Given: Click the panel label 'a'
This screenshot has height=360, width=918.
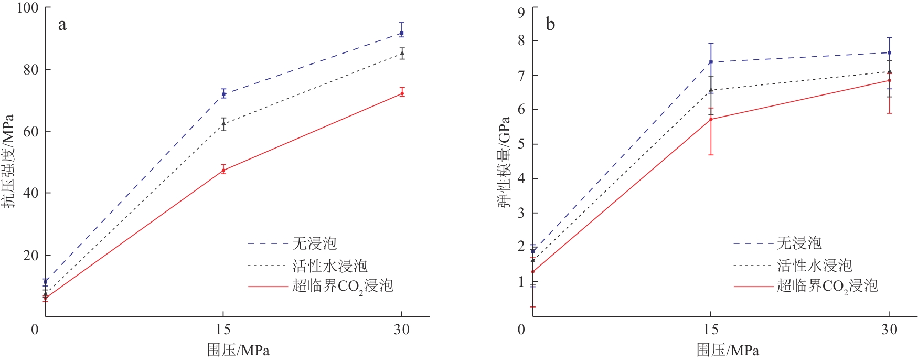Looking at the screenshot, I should pyautogui.click(x=62, y=25).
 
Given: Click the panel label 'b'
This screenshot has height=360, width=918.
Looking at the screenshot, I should pyautogui.click(x=550, y=24).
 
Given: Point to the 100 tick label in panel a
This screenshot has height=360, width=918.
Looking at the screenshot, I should pyautogui.click(x=27, y=8).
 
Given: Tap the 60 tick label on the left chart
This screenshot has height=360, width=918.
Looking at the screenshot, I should pyautogui.click(x=30, y=131).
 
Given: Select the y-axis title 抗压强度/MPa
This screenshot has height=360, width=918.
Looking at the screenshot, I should pyautogui.click(x=7, y=161).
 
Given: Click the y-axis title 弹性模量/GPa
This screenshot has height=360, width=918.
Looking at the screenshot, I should pyautogui.click(x=504, y=162).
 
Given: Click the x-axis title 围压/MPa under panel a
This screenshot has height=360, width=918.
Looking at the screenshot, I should pyautogui.click(x=238, y=350).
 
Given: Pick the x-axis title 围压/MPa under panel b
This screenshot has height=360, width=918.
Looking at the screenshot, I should pyautogui.click(x=728, y=350).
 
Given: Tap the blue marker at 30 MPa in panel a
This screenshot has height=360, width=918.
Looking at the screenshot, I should pyautogui.click(x=402, y=33).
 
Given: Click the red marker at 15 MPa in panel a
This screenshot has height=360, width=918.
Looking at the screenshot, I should pyautogui.click(x=223, y=170).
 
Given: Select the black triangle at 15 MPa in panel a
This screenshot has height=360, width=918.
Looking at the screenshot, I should pyautogui.click(x=223, y=124).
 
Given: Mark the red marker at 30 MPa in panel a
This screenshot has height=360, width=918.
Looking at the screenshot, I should pyautogui.click(x=402, y=93).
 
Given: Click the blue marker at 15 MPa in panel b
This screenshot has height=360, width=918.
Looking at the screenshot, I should pyautogui.click(x=711, y=62).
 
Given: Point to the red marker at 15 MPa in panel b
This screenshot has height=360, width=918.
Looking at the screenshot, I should pyautogui.click(x=711, y=119).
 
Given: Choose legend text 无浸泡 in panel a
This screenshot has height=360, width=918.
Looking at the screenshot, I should pyautogui.click(x=314, y=243).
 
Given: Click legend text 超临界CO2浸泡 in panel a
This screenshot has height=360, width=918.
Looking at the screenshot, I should pyautogui.click(x=343, y=286).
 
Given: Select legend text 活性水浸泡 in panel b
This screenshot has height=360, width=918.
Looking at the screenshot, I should pyautogui.click(x=814, y=266).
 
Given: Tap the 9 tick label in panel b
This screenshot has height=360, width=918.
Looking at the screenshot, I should pyautogui.click(x=521, y=12).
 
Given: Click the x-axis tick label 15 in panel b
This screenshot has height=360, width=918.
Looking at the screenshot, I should pyautogui.click(x=711, y=330).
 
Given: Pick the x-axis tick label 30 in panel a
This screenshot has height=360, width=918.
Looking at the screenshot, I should pyautogui.click(x=402, y=330).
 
